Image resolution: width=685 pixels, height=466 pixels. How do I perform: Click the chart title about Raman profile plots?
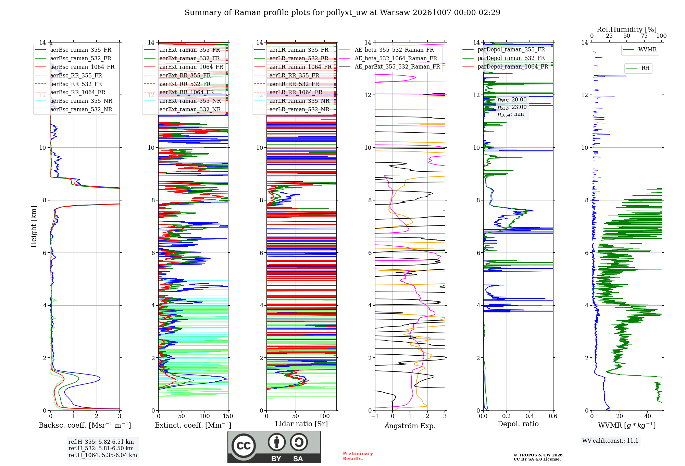point(342,13)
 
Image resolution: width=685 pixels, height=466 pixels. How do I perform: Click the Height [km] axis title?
point(34,226)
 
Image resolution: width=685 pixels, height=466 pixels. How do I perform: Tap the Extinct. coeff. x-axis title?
point(193,425)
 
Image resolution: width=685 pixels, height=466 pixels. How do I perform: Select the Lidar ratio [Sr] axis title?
point(301,424)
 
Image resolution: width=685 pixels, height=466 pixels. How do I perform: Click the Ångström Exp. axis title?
point(410,426)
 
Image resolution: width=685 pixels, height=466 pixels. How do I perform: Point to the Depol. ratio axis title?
point(518,424)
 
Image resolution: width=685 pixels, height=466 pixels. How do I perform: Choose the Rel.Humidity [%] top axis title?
point(627,29)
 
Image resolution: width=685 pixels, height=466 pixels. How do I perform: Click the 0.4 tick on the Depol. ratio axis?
point(530,416)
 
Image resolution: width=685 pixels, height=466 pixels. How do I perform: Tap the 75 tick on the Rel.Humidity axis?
point(644,36)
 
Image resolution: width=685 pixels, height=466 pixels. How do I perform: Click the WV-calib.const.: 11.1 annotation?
point(610,441)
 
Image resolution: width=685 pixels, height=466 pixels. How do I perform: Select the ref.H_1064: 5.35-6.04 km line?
point(103,455)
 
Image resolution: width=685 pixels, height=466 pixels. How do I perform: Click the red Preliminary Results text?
point(358,456)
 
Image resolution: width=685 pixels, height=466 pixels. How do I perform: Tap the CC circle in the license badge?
point(244,445)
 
